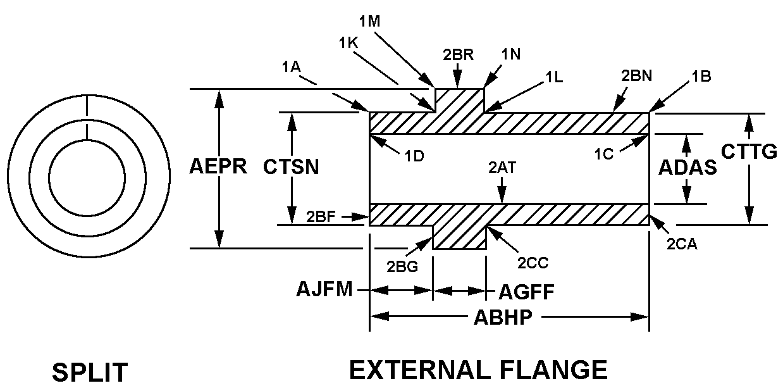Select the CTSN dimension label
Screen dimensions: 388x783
(291, 167)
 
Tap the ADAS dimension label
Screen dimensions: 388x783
(687, 167)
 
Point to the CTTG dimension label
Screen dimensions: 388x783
(749, 152)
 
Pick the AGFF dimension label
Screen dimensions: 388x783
(527, 292)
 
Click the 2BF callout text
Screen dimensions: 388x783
(322, 216)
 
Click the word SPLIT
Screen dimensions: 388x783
(89, 372)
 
